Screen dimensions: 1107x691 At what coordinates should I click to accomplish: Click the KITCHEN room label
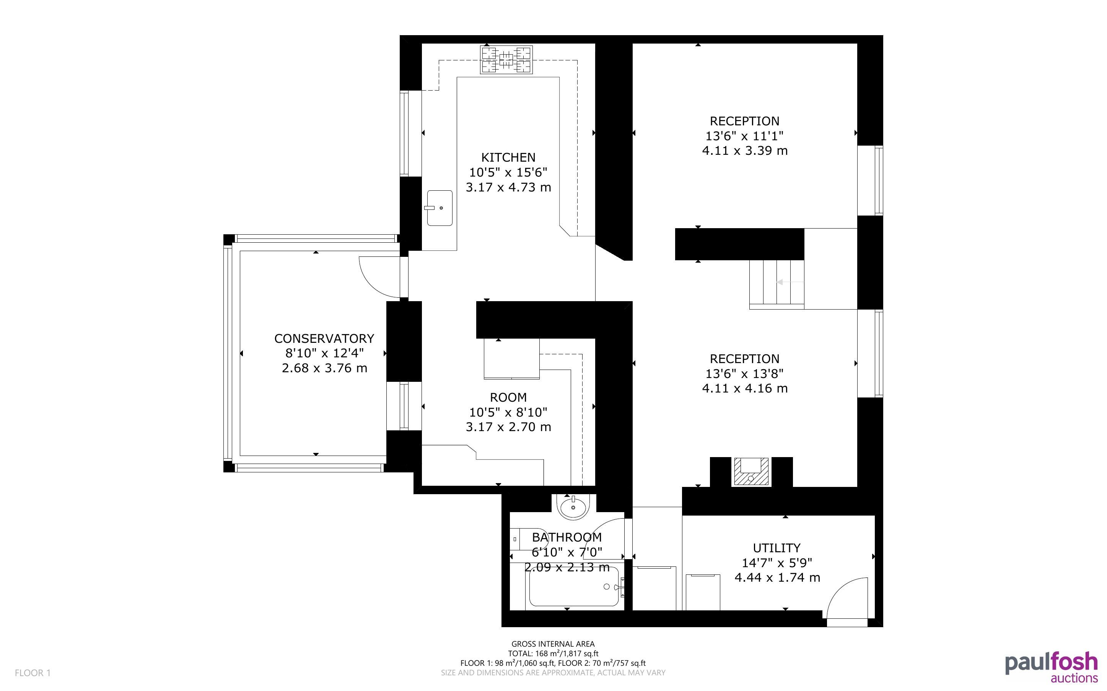pyautogui.click(x=508, y=157)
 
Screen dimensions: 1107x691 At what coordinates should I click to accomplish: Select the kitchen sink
pyautogui.click(x=440, y=208)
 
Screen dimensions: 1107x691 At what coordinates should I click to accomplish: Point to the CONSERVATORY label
pyautogui.click(x=324, y=339)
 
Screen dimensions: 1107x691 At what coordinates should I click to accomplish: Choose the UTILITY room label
pyautogui.click(x=777, y=548)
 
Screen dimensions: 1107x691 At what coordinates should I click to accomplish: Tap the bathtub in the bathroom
pyautogui.click(x=574, y=586)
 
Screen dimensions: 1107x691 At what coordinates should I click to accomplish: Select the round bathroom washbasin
pyautogui.click(x=573, y=507)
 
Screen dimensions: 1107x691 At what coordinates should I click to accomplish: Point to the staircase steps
pyautogui.click(x=777, y=282)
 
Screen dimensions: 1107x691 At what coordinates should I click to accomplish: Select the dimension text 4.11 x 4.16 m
pyautogui.click(x=745, y=388)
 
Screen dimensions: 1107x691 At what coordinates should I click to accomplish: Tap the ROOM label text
pyautogui.click(x=508, y=397)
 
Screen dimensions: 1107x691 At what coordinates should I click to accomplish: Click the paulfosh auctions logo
pyautogui.click(x=1051, y=667)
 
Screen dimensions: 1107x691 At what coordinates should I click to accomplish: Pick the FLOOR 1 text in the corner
pyautogui.click(x=33, y=673)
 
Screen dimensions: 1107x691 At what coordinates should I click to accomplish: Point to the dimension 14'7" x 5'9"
pyautogui.click(x=777, y=563)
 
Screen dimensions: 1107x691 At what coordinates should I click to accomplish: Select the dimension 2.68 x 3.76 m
pyautogui.click(x=324, y=368)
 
